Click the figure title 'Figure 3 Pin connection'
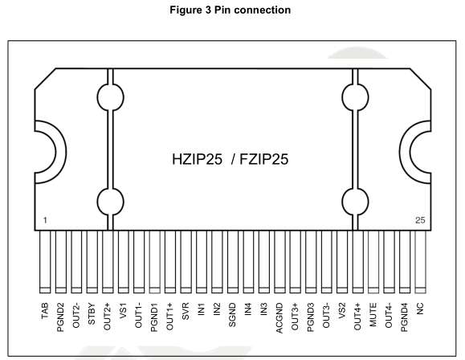(x=230, y=10)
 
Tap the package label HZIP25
(x=197, y=159)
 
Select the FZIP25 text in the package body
(x=263, y=159)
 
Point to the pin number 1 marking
(x=45, y=220)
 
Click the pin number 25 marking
(x=420, y=220)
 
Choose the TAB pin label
(x=45, y=311)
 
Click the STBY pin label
(x=92, y=313)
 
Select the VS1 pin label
(x=123, y=311)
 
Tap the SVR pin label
(x=186, y=311)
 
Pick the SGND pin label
(x=232, y=315)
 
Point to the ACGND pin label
(x=279, y=318)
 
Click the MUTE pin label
(x=373, y=314)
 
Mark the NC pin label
(x=420, y=309)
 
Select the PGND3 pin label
(x=311, y=317)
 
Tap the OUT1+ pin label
(x=169, y=317)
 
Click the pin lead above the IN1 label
(x=202, y=262)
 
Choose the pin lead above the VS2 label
(x=342, y=262)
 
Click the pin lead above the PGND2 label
(x=61, y=262)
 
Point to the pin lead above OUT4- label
(x=389, y=262)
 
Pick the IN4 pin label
(x=248, y=309)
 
